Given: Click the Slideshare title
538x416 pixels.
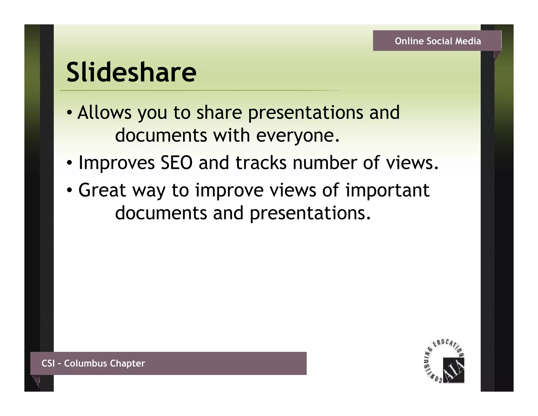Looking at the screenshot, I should pos(131,72).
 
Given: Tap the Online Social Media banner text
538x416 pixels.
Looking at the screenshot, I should pos(438,41).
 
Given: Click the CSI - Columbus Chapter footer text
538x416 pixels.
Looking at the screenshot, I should pos(93,363).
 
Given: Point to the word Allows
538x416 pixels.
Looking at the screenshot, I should pos(104,113).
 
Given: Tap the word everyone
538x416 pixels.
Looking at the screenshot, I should pos(298,135).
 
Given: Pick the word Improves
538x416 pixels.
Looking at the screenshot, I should pos(116,163).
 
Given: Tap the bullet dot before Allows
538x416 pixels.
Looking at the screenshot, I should pos(69,113).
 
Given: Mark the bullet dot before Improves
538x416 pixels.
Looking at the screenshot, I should pos(69,163).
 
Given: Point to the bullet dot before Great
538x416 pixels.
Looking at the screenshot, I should pos(69,190).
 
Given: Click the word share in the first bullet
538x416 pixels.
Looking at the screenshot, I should pos(219,113).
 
